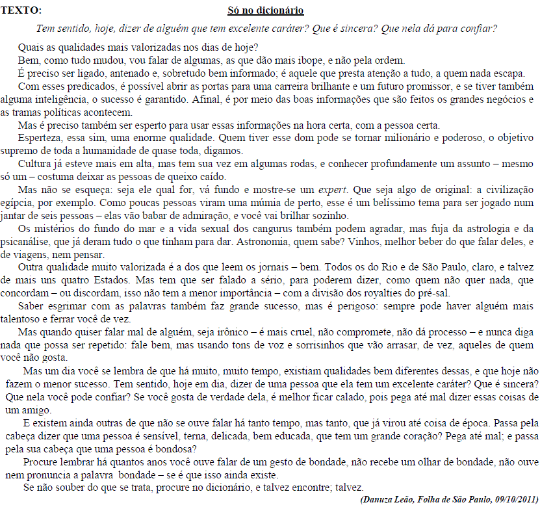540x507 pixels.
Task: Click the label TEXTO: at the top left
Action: click(x=21, y=10)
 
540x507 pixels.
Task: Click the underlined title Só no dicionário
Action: click(x=265, y=10)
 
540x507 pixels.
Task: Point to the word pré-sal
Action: click(x=433, y=293)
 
